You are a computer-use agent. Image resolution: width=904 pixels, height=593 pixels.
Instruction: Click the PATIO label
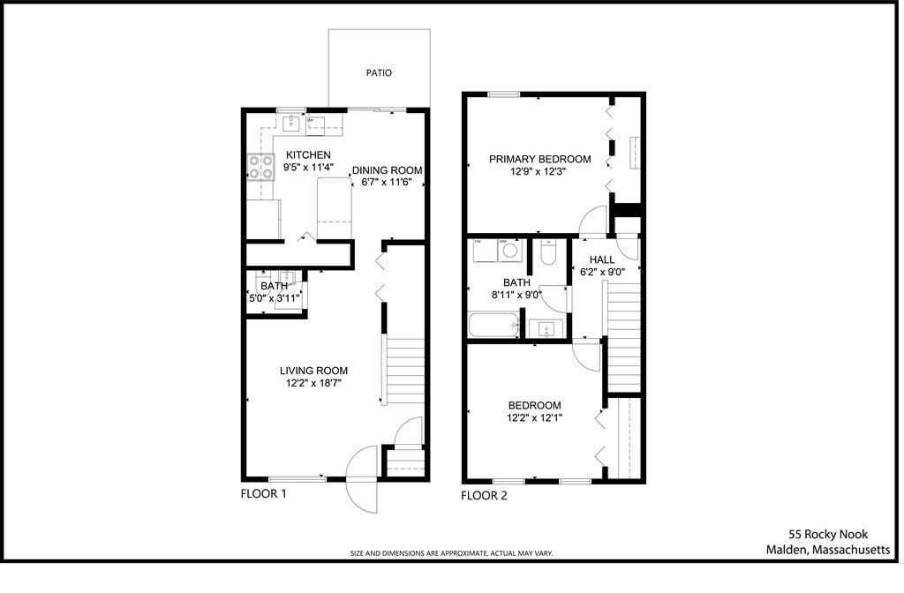379,73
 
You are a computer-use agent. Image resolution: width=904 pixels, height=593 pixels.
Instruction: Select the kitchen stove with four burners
260,167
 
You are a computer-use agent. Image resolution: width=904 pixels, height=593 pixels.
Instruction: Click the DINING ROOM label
387,170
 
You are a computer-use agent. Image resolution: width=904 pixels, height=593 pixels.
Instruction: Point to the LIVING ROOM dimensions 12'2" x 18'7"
313,384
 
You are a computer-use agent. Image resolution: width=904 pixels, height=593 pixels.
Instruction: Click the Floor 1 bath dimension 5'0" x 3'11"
275,298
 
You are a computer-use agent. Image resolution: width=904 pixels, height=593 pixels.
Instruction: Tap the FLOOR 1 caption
263,494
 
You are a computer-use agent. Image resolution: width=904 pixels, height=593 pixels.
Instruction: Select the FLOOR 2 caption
484,496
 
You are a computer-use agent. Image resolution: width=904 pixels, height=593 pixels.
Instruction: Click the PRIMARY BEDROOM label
540,159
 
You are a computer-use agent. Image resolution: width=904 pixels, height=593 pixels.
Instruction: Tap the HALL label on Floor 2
602,259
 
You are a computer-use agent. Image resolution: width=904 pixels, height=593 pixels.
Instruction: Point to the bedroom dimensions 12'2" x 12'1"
534,418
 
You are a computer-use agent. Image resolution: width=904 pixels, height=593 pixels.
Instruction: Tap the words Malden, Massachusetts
827,550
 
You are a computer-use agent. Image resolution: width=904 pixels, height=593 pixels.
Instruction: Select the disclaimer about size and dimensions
451,553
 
